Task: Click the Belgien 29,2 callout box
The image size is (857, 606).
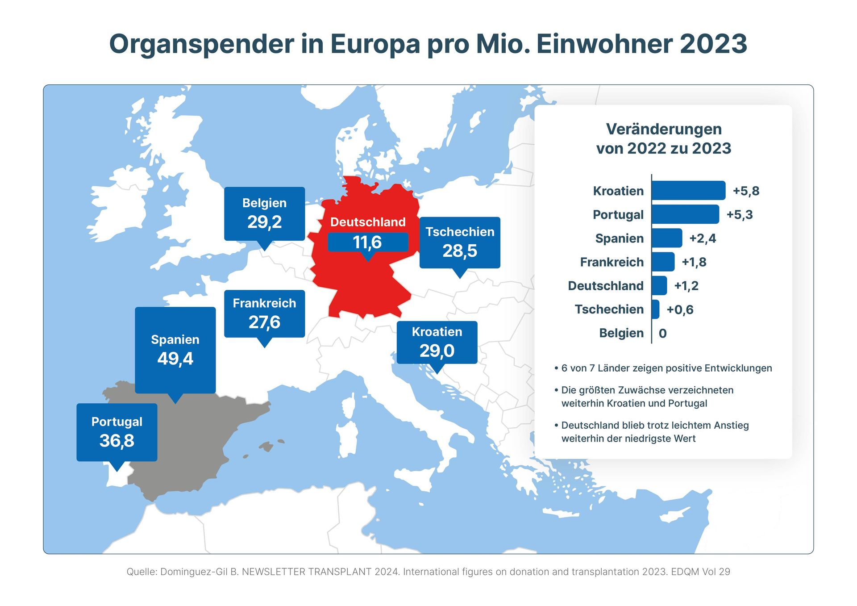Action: click(x=264, y=213)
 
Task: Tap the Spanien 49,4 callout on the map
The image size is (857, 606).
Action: click(x=175, y=350)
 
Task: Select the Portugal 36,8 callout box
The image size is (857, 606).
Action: click(x=116, y=432)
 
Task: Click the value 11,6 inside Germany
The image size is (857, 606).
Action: click(x=367, y=242)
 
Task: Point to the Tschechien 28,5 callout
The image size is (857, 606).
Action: click(x=460, y=242)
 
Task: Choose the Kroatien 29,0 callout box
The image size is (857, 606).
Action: click(x=437, y=342)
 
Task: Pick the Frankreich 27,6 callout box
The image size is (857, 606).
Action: click(x=264, y=313)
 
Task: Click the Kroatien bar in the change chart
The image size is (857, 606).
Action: click(x=688, y=191)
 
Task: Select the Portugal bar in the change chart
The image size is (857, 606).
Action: click(x=685, y=214)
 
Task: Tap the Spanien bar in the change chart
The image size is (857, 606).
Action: click(x=666, y=238)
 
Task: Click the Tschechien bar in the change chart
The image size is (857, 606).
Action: click(x=655, y=309)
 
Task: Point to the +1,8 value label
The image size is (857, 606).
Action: click(x=694, y=262)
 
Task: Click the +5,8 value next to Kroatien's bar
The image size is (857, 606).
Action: click(x=746, y=191)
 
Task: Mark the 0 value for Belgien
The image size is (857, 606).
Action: click(x=662, y=333)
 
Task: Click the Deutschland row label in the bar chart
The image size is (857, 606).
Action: click(x=605, y=286)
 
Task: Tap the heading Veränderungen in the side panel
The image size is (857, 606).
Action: click(x=663, y=129)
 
